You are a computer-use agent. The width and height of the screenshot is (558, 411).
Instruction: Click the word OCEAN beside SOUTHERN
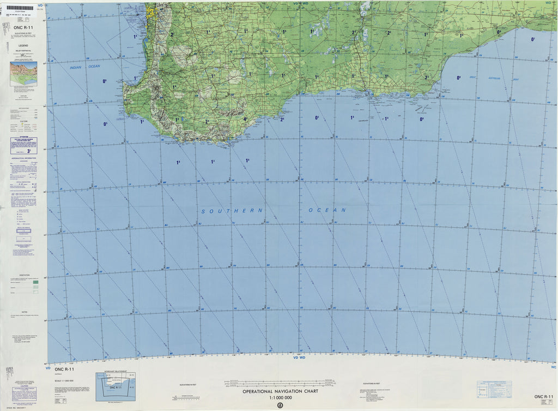[327, 210]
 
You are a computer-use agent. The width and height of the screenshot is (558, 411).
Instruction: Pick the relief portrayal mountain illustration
[23, 71]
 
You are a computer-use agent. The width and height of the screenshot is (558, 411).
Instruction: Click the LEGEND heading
[23, 45]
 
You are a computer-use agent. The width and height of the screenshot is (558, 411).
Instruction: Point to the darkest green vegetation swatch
[35, 282]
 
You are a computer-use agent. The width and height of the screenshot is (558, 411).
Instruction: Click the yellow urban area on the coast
[150, 10]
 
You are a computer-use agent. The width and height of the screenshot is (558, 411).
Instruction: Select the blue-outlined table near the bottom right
[494, 389]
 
